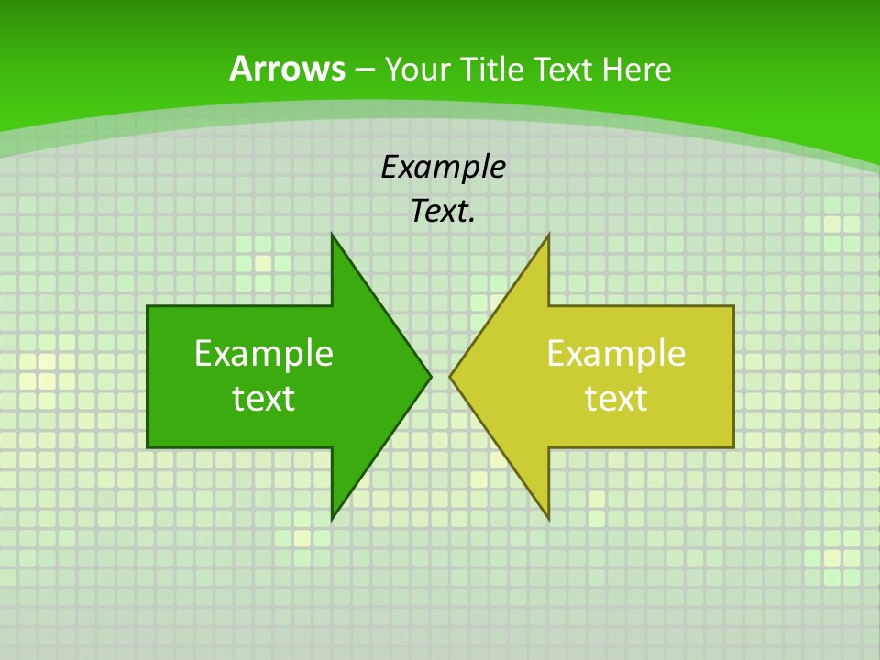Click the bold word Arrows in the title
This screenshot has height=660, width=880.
coord(287,69)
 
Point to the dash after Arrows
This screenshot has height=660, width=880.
coord(364,71)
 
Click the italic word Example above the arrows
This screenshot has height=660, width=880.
coord(444,168)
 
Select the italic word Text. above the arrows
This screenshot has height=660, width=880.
coord(444,212)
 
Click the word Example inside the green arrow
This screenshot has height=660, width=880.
coord(264,354)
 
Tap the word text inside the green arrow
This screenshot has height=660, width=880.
coord(264,399)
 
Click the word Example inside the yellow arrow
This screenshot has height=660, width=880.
coord(616,354)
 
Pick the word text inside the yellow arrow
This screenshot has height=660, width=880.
coord(616,399)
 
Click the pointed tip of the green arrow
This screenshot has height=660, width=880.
coord(431,376)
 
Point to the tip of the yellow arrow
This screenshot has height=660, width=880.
coord(450,376)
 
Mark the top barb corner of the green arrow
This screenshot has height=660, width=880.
coord(332,235)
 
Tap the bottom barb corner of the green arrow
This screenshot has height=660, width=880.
coord(332,518)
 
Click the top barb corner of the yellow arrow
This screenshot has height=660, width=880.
coord(548,235)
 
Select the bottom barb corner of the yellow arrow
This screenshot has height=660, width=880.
coord(548,518)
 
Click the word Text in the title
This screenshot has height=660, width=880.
coord(564,70)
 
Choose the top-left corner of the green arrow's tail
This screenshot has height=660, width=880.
coord(148,307)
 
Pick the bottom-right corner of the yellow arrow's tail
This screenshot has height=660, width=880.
coord(733,446)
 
